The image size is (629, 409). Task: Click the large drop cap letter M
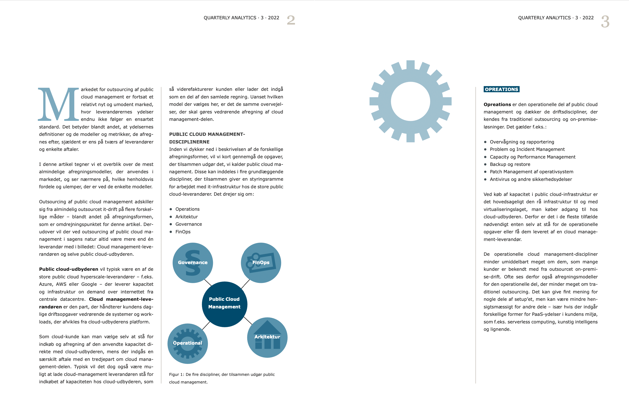[x=58, y=104]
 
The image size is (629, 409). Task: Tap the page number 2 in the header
[x=291, y=20]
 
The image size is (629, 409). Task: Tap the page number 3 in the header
[x=605, y=22]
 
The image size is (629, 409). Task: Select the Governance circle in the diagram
[x=193, y=263]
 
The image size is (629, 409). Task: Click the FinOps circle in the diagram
[x=261, y=263]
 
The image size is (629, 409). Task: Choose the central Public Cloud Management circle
[x=224, y=304]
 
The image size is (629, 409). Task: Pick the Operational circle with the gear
[x=188, y=343]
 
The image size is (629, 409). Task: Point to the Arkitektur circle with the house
[x=267, y=337]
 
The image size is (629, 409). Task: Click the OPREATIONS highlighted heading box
[x=501, y=89]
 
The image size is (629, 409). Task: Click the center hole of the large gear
[x=410, y=101]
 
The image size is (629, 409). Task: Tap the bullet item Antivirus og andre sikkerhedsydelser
[x=531, y=179]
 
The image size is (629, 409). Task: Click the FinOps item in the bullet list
[x=183, y=232]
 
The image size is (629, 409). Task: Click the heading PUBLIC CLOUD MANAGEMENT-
[x=207, y=134]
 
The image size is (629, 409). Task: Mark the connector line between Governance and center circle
[x=208, y=282]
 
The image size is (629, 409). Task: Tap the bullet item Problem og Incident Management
[x=527, y=149]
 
